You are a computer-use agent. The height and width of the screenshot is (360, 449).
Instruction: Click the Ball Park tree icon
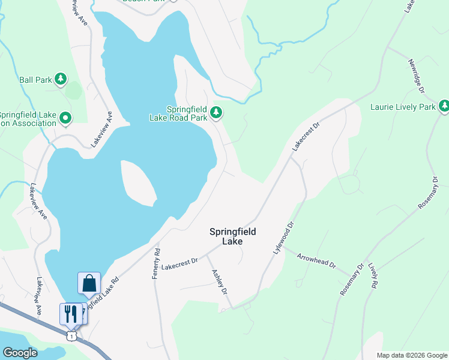[60, 79]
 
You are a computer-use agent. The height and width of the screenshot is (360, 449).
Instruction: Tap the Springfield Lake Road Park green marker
[216, 112]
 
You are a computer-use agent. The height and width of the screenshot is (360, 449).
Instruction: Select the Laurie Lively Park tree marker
[444, 107]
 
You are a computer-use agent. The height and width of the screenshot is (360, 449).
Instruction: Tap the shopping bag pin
[89, 284]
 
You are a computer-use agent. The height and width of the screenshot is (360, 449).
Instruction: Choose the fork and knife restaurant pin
[70, 313]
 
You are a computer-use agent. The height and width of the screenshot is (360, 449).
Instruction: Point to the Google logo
[20, 353]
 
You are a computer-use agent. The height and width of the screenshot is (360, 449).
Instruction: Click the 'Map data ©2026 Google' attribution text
[411, 355]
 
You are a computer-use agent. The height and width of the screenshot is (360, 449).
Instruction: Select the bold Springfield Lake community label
[232, 236]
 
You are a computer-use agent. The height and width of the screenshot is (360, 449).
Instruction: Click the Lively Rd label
[373, 275]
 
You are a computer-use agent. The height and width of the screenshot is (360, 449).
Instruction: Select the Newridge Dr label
[416, 76]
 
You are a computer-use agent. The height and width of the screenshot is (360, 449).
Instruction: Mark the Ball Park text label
[35, 79]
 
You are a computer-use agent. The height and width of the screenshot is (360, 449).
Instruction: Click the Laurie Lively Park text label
[403, 107]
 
